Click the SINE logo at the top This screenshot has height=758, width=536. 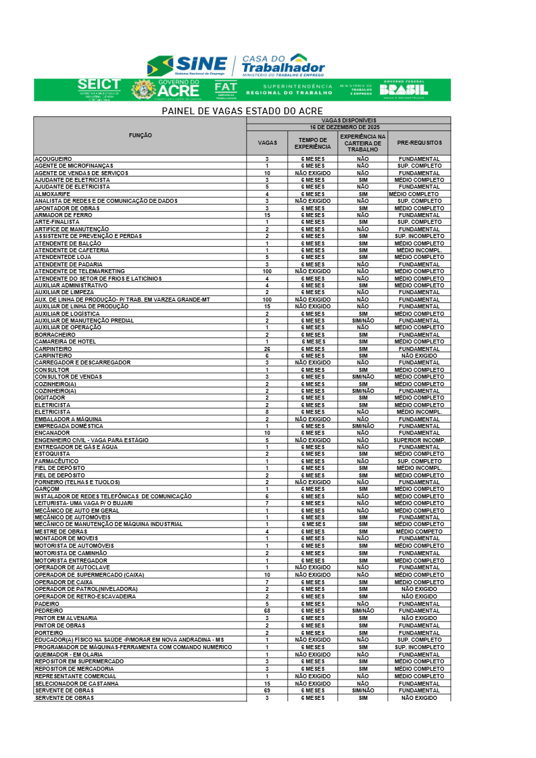pos(187,66)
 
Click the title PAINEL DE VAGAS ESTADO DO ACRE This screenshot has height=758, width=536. pos(242,111)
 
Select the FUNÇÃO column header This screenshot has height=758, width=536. pos(140,135)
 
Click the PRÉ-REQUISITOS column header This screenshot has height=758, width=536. pos(419,143)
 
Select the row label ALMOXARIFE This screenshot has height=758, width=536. pos(52,194)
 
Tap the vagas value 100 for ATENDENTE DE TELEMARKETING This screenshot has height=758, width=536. pos(267,271)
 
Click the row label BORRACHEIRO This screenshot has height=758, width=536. pos(55,335)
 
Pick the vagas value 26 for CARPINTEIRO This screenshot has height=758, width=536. pos(267,349)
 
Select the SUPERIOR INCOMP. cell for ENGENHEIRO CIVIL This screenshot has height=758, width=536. pos(419,440)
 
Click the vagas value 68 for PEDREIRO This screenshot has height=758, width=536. pos(267,611)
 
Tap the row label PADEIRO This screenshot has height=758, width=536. pos(47,604)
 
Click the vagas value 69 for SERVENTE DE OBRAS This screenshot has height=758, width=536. pos(267,690)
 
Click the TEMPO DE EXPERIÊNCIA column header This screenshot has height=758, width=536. pos(313,143)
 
